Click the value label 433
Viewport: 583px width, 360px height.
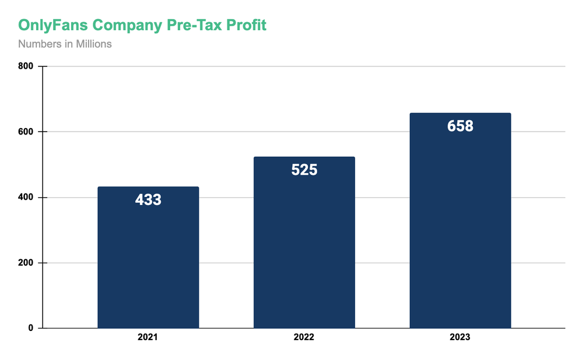[148, 200]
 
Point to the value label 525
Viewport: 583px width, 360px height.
[304, 170]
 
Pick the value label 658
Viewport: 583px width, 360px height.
[461, 126]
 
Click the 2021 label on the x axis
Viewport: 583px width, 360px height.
[148, 337]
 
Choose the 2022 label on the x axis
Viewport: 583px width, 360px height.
[304, 337]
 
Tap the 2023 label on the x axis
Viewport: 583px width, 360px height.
[461, 337]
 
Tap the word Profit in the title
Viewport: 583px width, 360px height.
[247, 26]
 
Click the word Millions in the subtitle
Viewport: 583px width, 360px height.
[93, 44]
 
